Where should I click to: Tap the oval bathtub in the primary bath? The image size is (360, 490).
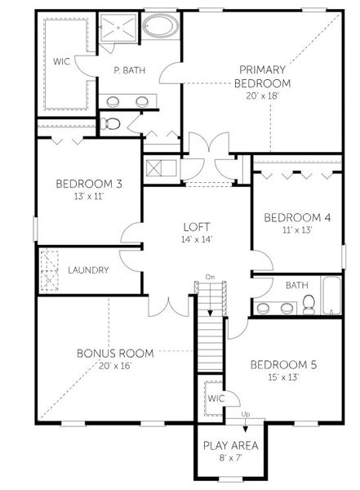[158, 26]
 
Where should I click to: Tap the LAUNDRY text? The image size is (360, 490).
[88, 269]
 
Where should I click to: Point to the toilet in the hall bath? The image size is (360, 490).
[309, 304]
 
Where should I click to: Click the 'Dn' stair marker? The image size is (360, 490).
[210, 277]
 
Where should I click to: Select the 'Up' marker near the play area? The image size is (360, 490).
[246, 415]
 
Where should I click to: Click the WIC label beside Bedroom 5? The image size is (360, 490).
[216, 399]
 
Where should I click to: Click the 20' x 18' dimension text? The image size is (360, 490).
[261, 96]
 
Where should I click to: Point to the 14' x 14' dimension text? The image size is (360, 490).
[196, 241]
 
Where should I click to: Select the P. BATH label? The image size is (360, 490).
[128, 71]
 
